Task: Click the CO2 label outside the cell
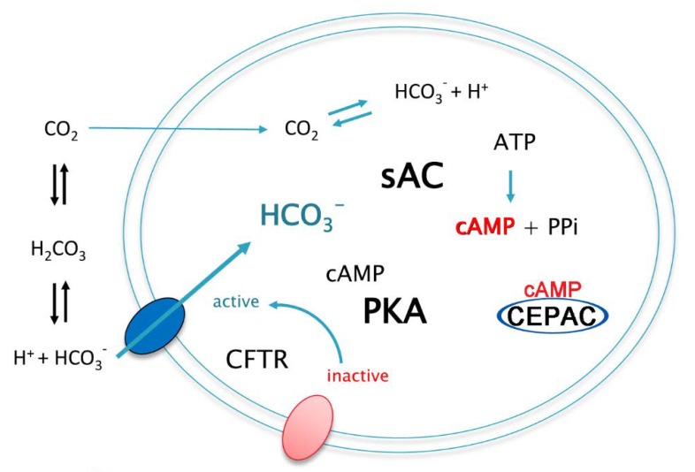coord(59,134)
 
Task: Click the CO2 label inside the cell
coord(301,132)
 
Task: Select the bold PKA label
coord(394,311)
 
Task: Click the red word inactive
coord(357,376)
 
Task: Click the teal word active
coord(236,302)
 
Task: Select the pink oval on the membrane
coord(307,427)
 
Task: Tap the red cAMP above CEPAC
coord(553,288)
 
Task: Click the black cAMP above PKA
coord(355,275)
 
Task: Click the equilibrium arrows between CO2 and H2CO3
coord(58,188)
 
